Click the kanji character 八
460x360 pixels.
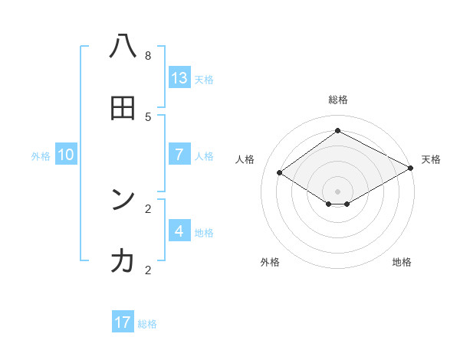tap(123, 47)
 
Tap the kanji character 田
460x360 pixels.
tap(123, 108)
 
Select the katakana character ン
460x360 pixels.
tap(123, 200)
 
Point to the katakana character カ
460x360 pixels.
tap(123, 261)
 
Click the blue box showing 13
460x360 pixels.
tap(179, 77)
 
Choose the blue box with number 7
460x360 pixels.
tap(179, 154)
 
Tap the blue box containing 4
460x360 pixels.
tap(179, 231)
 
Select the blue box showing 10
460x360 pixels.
tap(66, 154)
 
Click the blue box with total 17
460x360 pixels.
tap(123, 322)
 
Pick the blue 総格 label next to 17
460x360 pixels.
tap(147, 324)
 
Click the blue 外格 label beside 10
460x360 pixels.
tap(41, 156)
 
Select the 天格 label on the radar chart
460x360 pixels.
tap(431, 159)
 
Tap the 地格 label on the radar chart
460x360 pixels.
tap(402, 262)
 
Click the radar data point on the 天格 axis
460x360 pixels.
tap(411, 169)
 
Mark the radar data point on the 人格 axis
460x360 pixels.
tap(280, 173)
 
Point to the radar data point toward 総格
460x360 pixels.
tap(337, 131)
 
